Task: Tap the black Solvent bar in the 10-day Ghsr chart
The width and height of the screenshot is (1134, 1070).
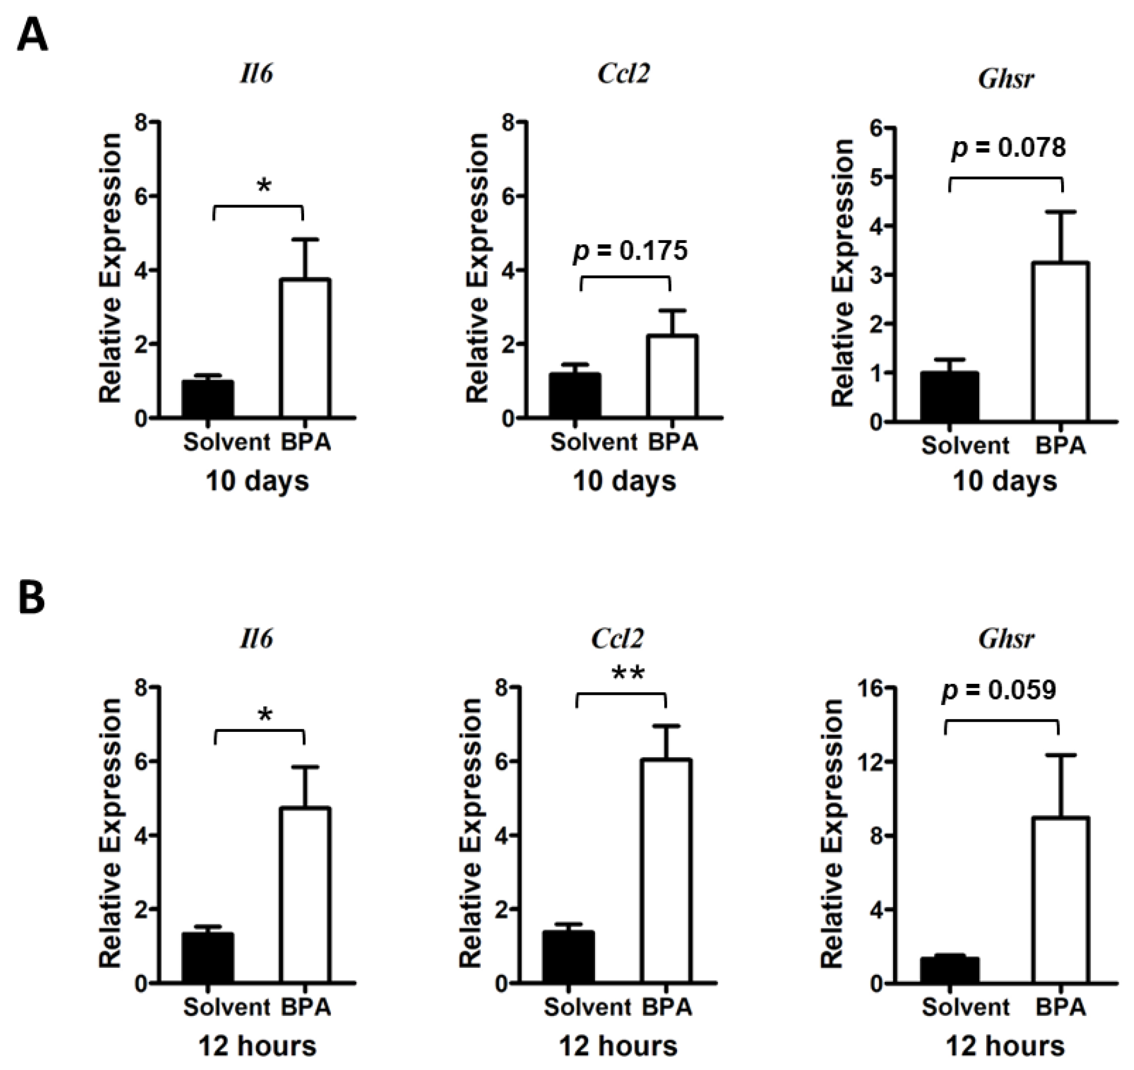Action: [949, 398]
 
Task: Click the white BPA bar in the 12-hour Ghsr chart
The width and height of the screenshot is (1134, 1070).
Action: [1061, 901]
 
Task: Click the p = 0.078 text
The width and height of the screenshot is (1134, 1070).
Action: [1009, 148]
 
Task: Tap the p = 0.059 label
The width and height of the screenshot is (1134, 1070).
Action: [999, 690]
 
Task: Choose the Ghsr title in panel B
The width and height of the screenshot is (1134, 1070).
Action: [1005, 639]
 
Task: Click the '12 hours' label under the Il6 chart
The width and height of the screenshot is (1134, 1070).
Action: [257, 1047]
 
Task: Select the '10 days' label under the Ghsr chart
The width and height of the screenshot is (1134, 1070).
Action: [1005, 481]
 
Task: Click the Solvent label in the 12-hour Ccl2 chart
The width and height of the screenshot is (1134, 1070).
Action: [587, 1007]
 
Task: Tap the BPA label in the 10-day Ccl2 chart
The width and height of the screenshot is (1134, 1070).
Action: [673, 442]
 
